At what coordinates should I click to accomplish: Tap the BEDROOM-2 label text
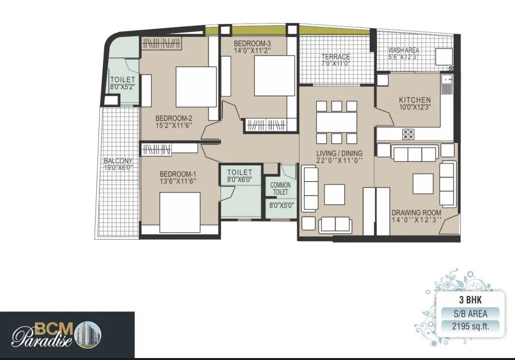tap(174, 118)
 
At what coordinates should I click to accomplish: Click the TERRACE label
tap(336, 57)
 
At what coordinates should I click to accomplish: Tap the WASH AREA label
tap(403, 50)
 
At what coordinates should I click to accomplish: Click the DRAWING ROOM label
tap(416, 213)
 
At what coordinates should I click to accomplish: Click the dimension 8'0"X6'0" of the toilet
tap(239, 180)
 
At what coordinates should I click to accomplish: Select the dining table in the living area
tap(337, 121)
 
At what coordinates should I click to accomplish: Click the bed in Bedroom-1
tap(179, 212)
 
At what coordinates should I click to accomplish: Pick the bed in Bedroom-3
tap(274, 76)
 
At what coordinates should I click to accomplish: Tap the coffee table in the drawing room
tap(422, 184)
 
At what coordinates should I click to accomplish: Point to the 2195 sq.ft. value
tap(468, 326)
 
